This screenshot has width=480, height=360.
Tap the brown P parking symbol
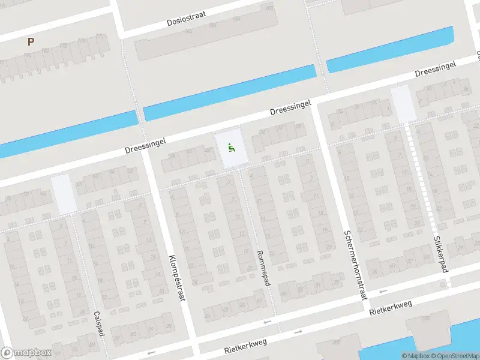[x=31, y=41]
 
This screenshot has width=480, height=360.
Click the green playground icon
[x=231, y=148]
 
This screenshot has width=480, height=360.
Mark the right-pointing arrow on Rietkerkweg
[x=298, y=331]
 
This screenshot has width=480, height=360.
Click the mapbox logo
[x=26, y=353]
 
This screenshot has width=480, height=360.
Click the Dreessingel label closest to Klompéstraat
[x=145, y=143]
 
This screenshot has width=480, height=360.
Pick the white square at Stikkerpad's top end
[x=402, y=103]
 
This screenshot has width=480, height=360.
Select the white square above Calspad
[x=64, y=193]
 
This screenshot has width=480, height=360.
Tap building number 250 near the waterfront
[x=427, y=318]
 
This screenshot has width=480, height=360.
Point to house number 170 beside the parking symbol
[x=100, y=36]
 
